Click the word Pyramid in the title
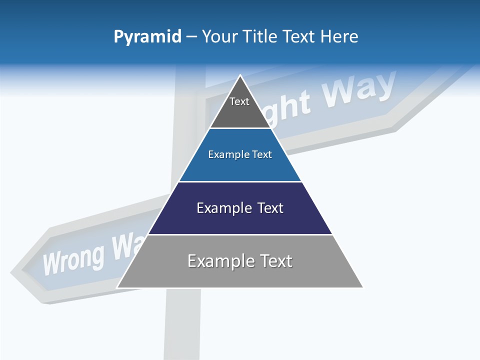[x=147, y=37]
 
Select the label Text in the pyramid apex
[x=239, y=101]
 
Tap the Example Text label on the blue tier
[x=240, y=154]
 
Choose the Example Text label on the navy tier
[x=240, y=208]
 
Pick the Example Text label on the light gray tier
[x=240, y=261]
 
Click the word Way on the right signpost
[x=358, y=90]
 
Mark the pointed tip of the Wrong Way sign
[x=12, y=273]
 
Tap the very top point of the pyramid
[x=240, y=75]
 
